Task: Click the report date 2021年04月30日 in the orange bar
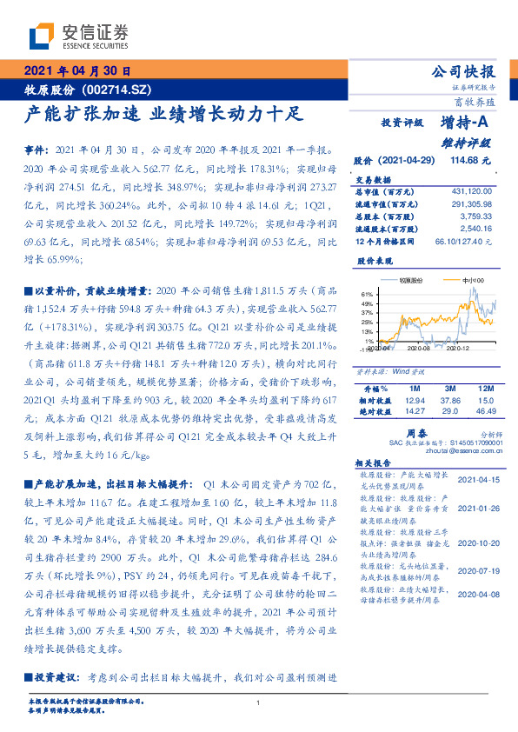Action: tap(76, 72)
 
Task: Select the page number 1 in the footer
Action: tap(259, 703)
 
